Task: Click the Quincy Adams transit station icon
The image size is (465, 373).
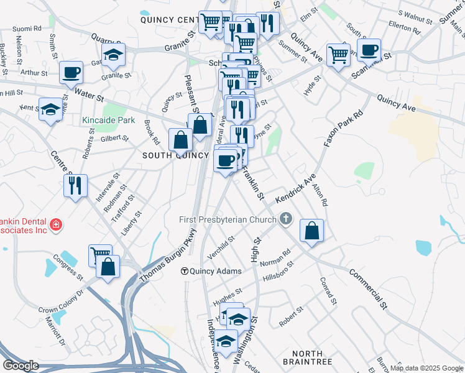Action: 185,271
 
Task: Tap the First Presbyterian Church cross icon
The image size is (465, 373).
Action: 285,219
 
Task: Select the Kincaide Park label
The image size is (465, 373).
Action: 99,119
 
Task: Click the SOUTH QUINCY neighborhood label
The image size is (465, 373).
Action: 173,155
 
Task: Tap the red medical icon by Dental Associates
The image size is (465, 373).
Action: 56,224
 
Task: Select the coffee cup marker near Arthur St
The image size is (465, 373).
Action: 71,72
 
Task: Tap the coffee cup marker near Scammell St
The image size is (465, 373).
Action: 369,50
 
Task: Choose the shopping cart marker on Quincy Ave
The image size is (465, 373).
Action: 338,54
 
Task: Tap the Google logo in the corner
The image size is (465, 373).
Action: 21,366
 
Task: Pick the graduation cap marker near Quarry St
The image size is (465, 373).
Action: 114,55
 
